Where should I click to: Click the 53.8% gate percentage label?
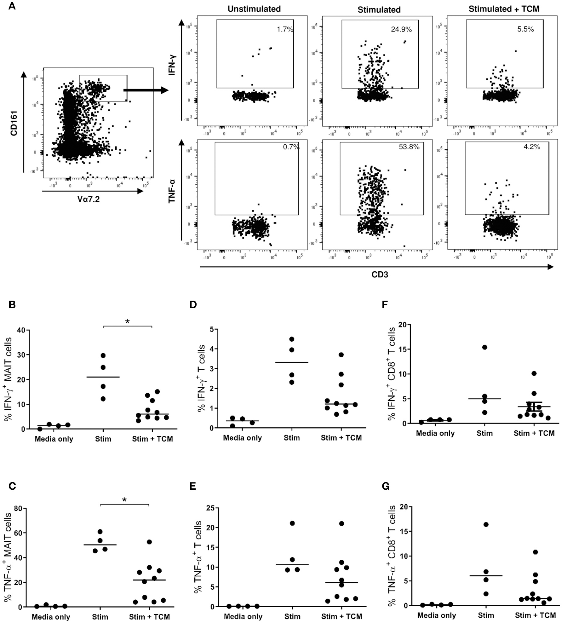(x=409, y=147)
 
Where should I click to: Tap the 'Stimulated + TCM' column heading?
(x=504, y=9)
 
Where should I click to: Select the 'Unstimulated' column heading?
(x=254, y=9)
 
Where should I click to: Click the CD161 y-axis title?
(x=14, y=123)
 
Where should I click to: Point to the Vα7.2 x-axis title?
(x=89, y=199)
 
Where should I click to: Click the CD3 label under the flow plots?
(x=380, y=275)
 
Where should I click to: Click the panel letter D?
(x=193, y=305)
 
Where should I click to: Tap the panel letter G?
(x=386, y=486)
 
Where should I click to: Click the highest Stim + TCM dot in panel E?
(x=341, y=523)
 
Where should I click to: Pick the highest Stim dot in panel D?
(x=292, y=339)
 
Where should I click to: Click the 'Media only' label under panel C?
(x=51, y=617)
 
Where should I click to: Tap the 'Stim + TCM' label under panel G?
(x=535, y=615)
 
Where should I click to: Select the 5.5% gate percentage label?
(x=525, y=30)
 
